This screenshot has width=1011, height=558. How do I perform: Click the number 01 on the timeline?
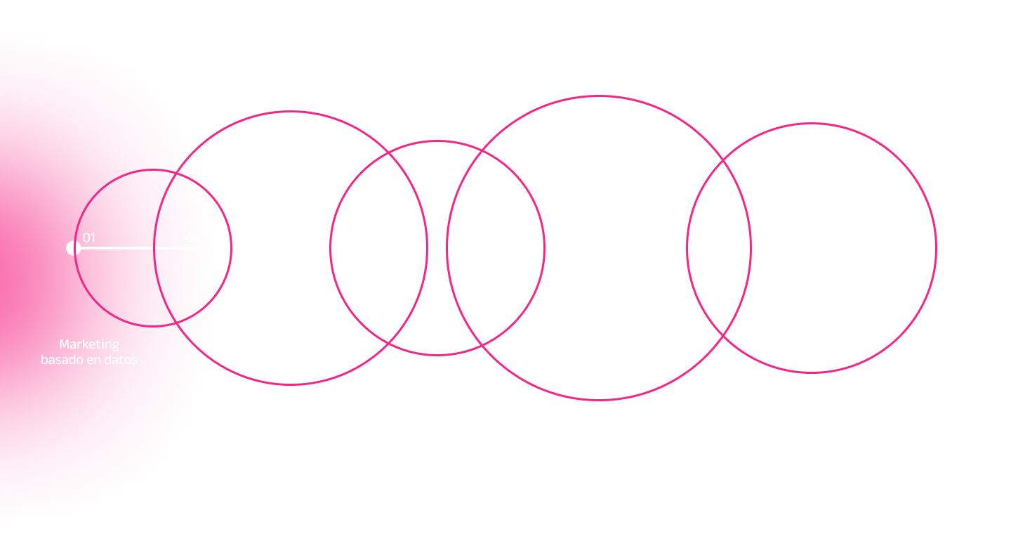point(89,238)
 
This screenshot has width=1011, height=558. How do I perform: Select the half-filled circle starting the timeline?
point(72,248)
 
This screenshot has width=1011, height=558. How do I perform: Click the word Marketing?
point(89,344)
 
